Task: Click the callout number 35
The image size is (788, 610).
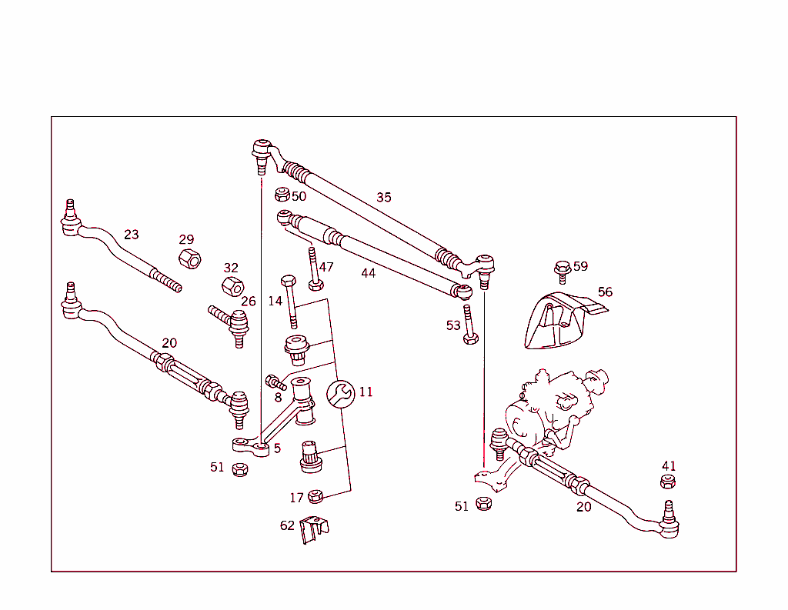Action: coord(383,198)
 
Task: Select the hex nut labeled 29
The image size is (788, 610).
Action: coord(189,258)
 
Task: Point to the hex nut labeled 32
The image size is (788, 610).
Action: coord(232,287)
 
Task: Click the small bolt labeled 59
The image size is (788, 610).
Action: coord(561,270)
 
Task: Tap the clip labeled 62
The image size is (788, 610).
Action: coord(314,529)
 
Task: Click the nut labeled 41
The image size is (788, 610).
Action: coord(668,482)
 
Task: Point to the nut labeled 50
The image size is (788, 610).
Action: coord(282,195)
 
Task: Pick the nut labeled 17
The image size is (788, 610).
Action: coord(316,497)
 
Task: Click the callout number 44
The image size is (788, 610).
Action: coord(368,273)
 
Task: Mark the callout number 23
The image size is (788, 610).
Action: coord(132,235)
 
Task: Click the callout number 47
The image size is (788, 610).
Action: coord(326,267)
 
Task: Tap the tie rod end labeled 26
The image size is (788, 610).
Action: coord(232,323)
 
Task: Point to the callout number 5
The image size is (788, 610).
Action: coord(277,448)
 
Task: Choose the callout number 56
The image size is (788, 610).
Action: coord(605,292)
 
